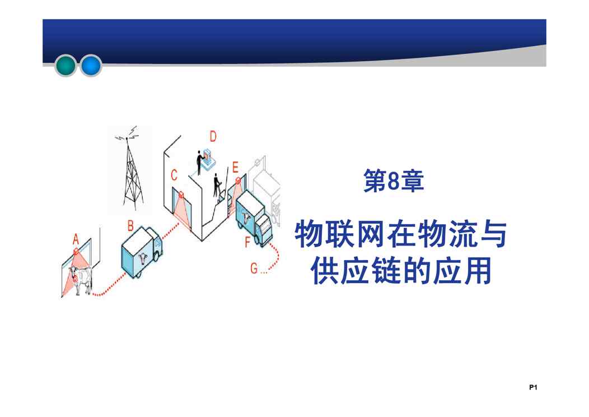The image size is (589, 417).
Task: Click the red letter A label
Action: pos(76,239)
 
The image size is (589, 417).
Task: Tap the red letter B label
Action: pos(130,226)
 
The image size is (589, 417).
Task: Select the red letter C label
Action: pos(174,175)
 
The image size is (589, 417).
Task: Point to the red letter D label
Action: pos(213,136)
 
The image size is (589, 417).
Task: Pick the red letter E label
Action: pos(235,167)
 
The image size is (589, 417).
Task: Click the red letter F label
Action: pos(247,242)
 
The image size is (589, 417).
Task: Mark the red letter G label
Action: pos(254,268)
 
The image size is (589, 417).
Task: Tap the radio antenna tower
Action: pos(129,169)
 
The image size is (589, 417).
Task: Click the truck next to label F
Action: pos(254,219)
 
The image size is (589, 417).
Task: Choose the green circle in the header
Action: pos(66,66)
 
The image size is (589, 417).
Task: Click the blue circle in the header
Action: pos(91,66)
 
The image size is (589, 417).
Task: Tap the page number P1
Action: pos(533,387)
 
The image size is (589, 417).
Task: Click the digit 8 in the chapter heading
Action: pos(393,182)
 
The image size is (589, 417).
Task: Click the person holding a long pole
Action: pos(217,185)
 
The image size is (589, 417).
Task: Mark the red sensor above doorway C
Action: pos(181,194)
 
